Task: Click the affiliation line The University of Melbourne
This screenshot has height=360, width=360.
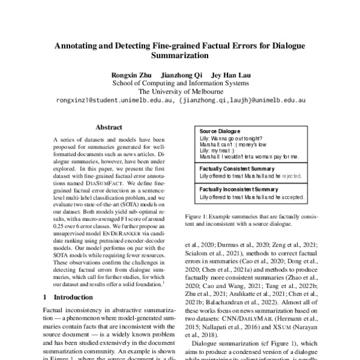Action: click(179, 92)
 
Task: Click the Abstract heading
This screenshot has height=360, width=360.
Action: click(109, 127)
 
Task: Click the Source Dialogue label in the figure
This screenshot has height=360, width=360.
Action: click(219, 131)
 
